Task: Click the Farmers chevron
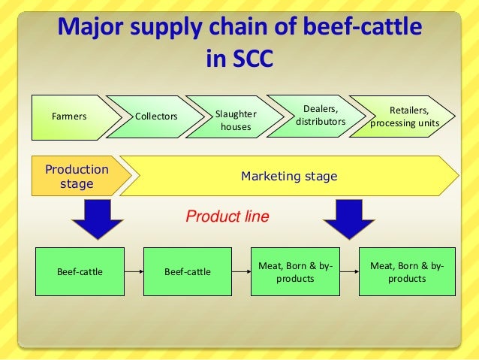[x=69, y=117]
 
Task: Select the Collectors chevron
[x=155, y=117]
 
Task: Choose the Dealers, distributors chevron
[x=321, y=116]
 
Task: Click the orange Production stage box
[x=77, y=176]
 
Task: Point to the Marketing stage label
[x=288, y=177]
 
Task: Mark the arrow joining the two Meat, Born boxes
[x=347, y=271]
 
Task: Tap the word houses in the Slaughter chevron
[x=235, y=128]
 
